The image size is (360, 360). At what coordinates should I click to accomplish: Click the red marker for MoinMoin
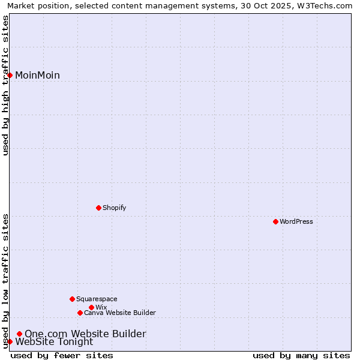pyautogui.click(x=10, y=75)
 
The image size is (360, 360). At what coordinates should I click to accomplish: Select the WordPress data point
pyautogui.click(x=275, y=221)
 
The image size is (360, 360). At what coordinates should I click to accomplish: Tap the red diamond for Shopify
pyautogui.click(x=98, y=208)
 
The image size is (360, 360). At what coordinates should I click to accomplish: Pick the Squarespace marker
pyautogui.click(x=72, y=299)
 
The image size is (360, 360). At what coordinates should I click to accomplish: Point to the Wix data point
pyautogui.click(x=91, y=307)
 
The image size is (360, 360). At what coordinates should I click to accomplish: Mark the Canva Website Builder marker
pyautogui.click(x=80, y=313)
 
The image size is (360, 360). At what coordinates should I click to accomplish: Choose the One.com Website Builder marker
pyautogui.click(x=19, y=334)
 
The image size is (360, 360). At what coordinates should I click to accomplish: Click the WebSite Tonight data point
pyautogui.click(x=10, y=341)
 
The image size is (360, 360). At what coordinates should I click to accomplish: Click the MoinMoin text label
pyautogui.click(x=37, y=75)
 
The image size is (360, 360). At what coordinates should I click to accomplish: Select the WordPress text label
pyautogui.click(x=296, y=221)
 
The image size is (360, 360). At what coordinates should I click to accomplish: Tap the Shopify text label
pyautogui.click(x=114, y=208)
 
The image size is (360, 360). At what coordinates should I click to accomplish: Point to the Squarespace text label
pyautogui.click(x=97, y=299)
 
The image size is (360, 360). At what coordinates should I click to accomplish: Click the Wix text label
pyautogui.click(x=101, y=307)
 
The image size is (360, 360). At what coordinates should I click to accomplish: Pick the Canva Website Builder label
pyautogui.click(x=119, y=313)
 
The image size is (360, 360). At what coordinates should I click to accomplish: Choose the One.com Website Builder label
pyautogui.click(x=85, y=334)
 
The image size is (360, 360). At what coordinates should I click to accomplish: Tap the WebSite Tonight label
pyautogui.click(x=54, y=342)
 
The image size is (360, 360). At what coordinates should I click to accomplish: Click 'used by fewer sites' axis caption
pyautogui.click(x=62, y=355)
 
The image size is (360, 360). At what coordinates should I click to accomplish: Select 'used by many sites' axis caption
pyautogui.click(x=301, y=355)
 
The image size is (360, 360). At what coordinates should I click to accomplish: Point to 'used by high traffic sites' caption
pyautogui.click(x=5, y=85)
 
